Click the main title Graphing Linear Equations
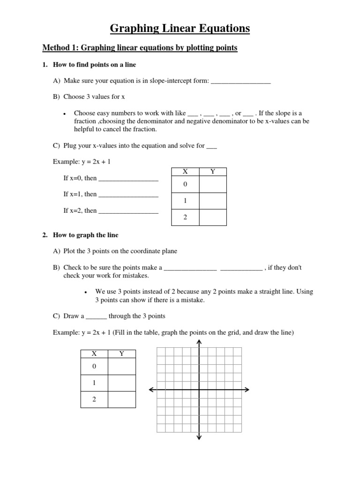[180, 29]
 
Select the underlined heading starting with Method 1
[140, 48]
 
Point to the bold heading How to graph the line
[84, 235]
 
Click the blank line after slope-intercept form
[241, 82]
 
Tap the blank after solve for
[212, 146]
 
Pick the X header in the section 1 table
[185, 172]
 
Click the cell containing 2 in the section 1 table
[185, 217]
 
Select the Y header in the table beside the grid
[121, 354]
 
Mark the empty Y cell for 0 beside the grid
[121, 367]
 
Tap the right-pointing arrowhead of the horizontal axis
[247, 390]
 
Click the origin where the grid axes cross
[199, 390]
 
